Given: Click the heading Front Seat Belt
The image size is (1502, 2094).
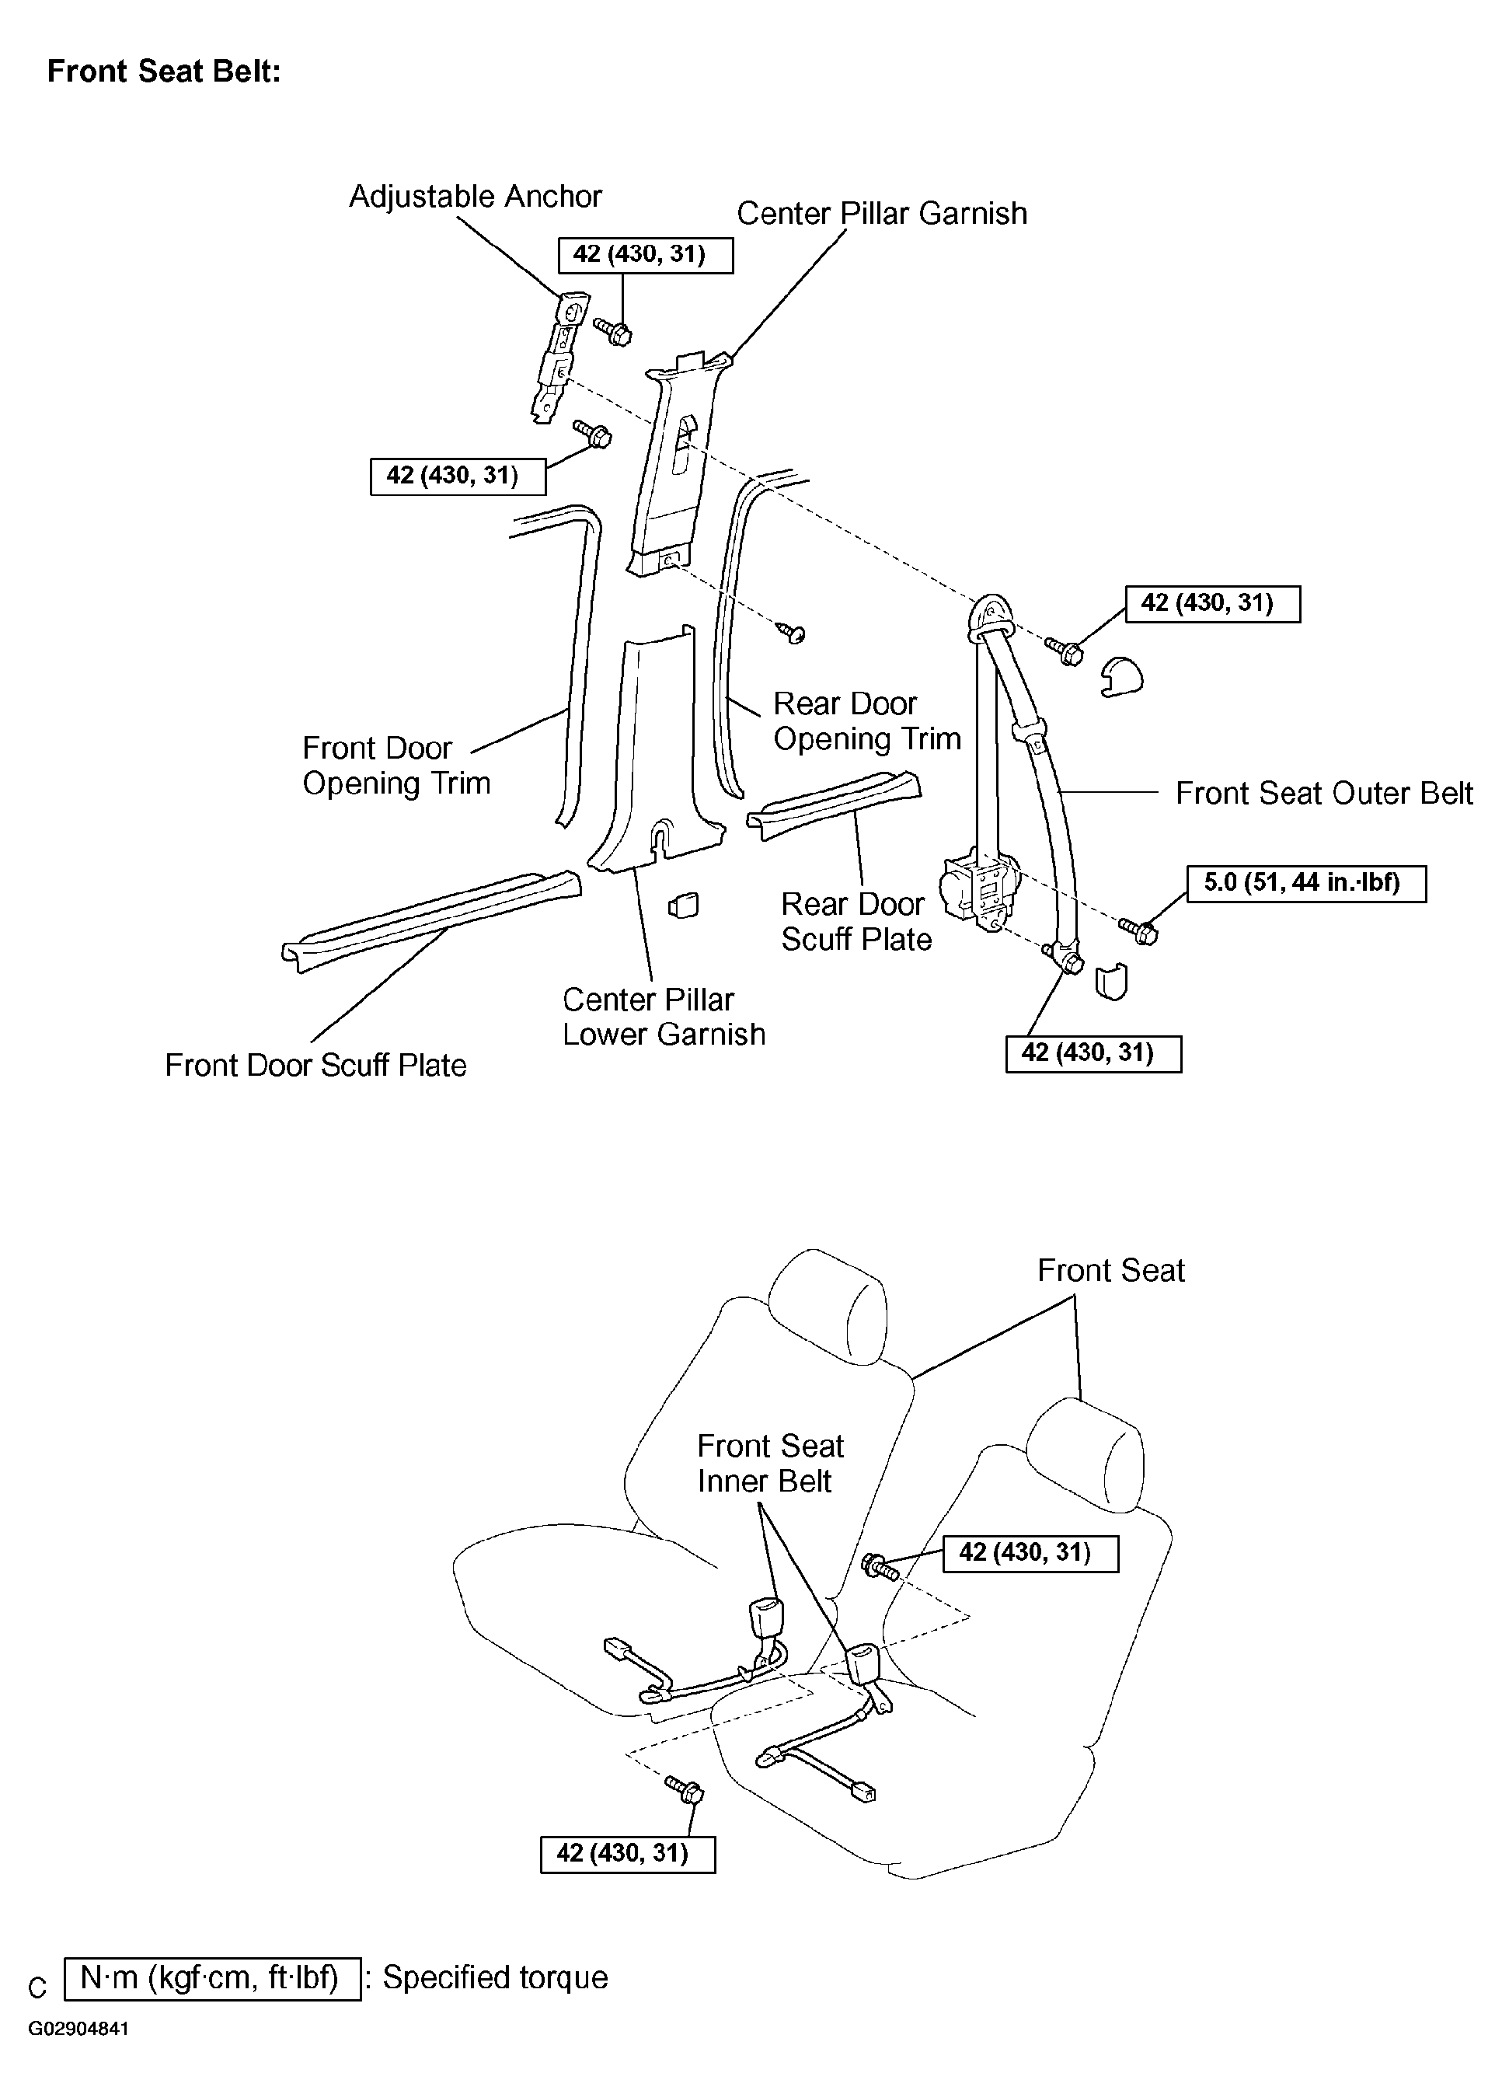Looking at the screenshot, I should click(163, 71).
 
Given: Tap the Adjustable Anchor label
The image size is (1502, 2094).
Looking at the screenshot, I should click(475, 197).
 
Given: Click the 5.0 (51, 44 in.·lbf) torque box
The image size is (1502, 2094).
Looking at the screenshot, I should click(1305, 884).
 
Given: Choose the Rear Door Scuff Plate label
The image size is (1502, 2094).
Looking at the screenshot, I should click(855, 921).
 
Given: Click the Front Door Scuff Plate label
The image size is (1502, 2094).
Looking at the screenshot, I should click(315, 1066).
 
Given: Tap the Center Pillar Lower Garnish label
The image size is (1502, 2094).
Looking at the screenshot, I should click(663, 1017).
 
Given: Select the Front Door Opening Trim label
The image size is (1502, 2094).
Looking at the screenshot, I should click(396, 766).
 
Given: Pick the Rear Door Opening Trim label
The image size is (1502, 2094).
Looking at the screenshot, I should click(866, 721).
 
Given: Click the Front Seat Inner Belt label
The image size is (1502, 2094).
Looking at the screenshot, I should click(769, 1464).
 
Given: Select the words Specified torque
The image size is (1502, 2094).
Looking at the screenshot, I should click(495, 1977).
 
